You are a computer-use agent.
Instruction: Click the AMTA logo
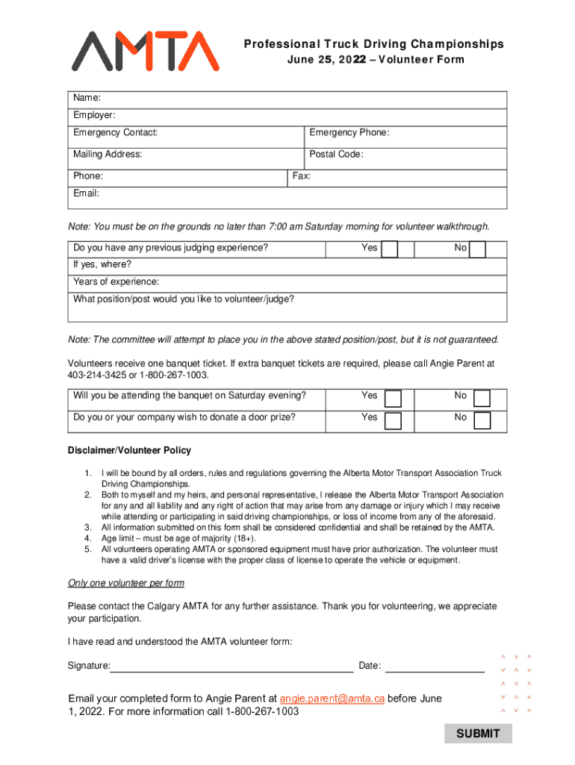(x=146, y=52)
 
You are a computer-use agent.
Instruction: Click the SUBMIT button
(x=478, y=733)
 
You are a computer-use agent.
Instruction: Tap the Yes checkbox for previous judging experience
(x=390, y=249)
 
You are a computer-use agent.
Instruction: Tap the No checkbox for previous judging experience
(x=478, y=249)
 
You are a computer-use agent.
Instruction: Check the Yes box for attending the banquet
(x=393, y=397)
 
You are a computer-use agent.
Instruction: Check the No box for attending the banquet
(x=482, y=397)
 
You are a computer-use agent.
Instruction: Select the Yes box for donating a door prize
(x=393, y=420)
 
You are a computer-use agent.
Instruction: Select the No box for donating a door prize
(x=482, y=420)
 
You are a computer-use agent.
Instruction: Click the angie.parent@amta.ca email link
(x=332, y=699)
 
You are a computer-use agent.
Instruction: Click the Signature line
(x=231, y=666)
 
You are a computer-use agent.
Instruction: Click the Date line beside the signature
(x=435, y=666)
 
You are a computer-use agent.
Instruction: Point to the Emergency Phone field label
(x=349, y=133)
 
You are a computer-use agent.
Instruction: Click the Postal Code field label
(x=336, y=155)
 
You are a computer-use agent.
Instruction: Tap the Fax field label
(x=302, y=176)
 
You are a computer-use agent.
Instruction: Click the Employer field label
(x=94, y=115)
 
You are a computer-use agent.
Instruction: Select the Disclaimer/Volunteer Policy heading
(x=129, y=450)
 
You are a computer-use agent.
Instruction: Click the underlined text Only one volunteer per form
(x=125, y=583)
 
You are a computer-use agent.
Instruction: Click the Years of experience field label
(x=116, y=282)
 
